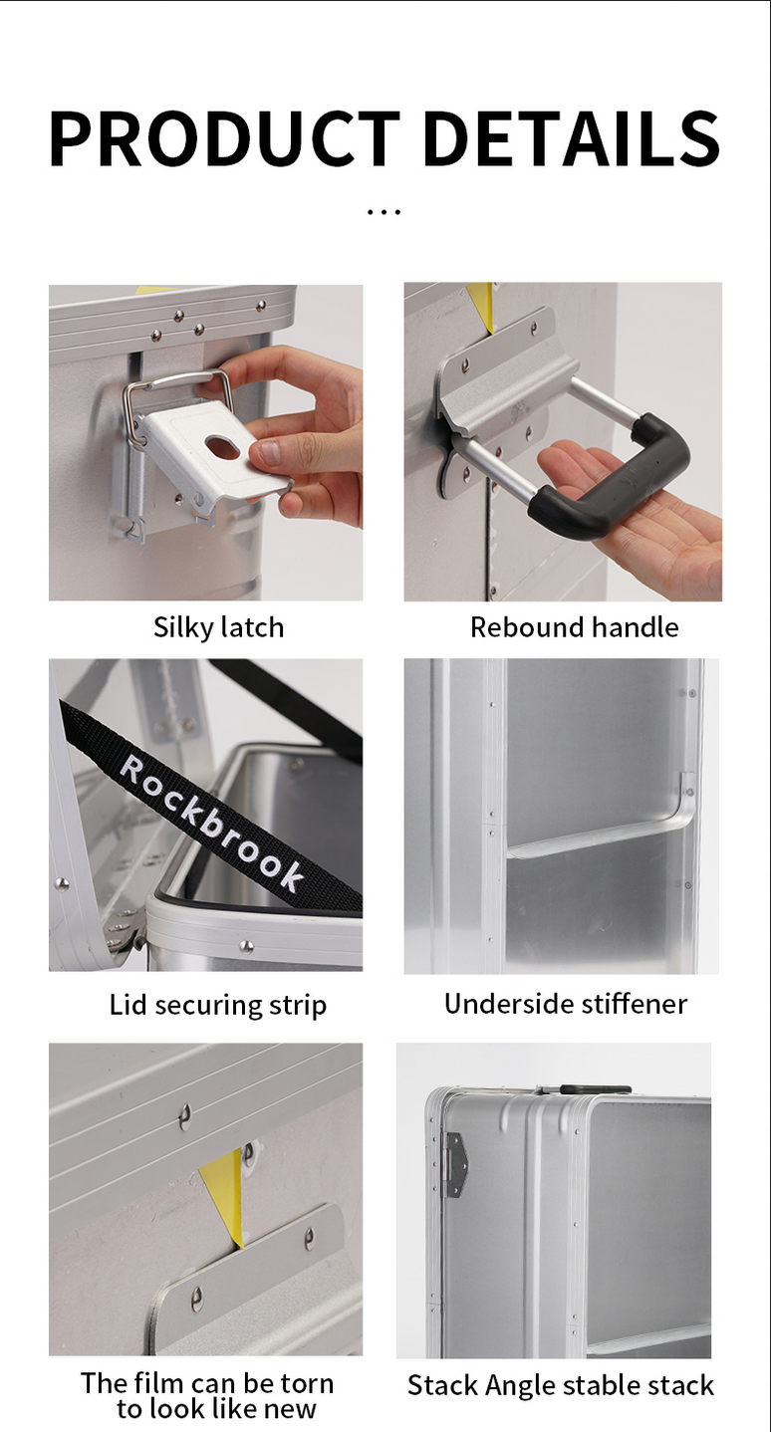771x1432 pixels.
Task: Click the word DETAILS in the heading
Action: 572,138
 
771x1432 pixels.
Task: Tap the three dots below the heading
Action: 385,211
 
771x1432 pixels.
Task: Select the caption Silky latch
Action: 218,627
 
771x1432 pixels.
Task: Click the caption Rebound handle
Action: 574,627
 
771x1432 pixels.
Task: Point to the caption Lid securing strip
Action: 218,1005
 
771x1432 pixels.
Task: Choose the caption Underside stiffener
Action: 566,1004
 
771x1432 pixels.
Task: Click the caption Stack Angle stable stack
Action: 561,1385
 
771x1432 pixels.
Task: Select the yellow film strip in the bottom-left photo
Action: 224,1195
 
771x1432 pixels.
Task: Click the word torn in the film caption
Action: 306,1383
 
